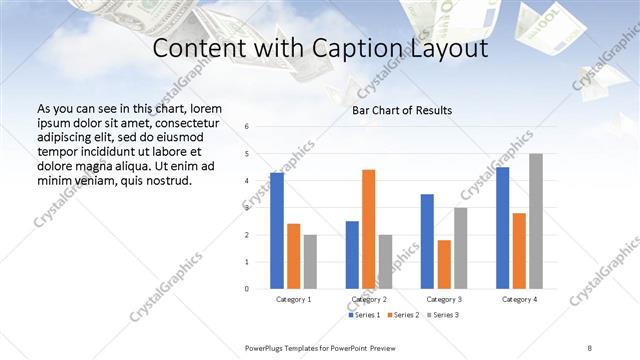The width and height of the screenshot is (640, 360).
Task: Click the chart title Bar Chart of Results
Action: point(400,110)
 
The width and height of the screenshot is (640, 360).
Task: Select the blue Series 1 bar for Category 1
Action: point(277,230)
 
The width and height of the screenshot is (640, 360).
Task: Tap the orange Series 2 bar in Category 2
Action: point(368,229)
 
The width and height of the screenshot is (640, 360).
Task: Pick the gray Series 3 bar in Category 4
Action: point(536,221)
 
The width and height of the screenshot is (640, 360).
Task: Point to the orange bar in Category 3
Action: point(444,264)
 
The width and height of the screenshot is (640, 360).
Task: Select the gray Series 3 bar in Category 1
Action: point(311,261)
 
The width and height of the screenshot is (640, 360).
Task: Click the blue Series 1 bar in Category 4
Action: point(502,227)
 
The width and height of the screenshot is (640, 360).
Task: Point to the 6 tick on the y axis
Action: point(247,127)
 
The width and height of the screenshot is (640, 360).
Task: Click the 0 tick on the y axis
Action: point(247,288)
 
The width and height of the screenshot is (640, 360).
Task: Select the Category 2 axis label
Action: point(368,299)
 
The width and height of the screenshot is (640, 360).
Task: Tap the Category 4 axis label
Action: point(519,299)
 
